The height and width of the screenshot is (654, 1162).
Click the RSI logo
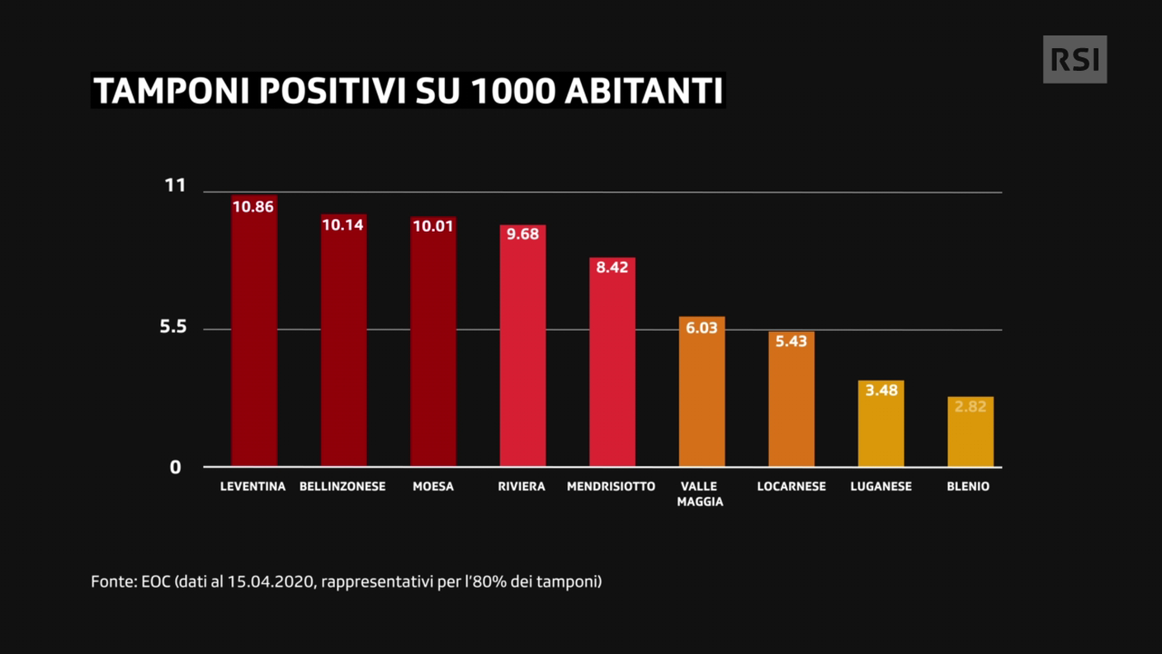coord(1075,59)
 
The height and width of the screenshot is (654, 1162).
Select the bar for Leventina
coord(254,330)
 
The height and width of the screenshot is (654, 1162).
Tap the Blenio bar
coord(971,431)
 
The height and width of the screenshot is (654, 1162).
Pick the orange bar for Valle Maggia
coord(701,391)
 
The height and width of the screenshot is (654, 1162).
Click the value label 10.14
coord(342,225)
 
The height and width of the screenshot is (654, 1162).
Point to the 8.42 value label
coord(612,268)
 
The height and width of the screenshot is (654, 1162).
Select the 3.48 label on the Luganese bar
coord(881,390)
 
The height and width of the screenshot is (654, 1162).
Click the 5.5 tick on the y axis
coord(172,326)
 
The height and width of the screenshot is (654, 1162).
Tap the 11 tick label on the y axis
coord(175,185)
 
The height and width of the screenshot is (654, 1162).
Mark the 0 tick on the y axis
coord(175,467)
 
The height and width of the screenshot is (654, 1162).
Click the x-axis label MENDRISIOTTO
coord(611,486)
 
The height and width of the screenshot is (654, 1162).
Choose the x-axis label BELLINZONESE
coord(342,486)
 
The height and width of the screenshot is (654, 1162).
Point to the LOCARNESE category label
coord(791,486)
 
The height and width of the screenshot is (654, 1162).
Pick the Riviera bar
coord(523,346)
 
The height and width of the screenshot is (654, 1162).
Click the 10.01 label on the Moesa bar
coord(433,226)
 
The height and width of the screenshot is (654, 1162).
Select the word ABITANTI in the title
coord(644,91)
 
